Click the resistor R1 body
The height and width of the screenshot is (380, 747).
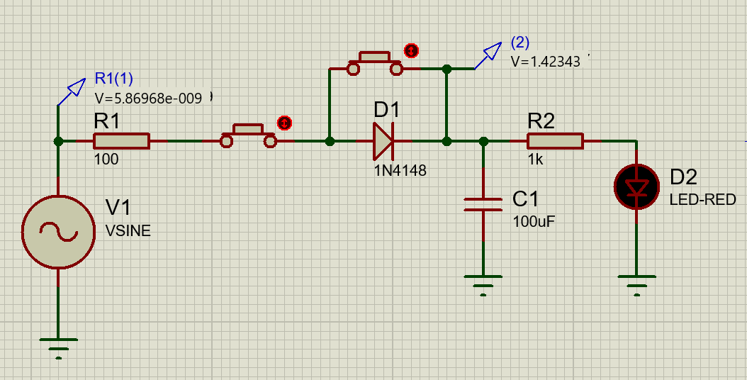pos(121,141)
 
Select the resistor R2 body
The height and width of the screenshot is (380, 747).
pos(555,141)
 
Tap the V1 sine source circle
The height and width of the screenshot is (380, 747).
pos(58,232)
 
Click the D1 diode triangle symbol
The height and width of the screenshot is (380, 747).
pos(383,141)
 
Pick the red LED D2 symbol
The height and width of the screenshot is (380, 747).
pos(637,187)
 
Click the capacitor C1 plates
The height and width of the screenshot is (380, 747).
pos(483,204)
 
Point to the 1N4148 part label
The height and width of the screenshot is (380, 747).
pos(400,170)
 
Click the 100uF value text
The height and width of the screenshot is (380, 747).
pos(534,222)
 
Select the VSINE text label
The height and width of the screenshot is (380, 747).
pos(128,231)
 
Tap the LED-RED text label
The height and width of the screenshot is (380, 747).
pos(702,200)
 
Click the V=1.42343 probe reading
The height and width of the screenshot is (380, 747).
pos(546,62)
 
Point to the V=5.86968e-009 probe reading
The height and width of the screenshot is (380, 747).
pos(148,99)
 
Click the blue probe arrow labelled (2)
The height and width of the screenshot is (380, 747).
pos(488,55)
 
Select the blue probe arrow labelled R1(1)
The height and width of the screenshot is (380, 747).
pos(72,91)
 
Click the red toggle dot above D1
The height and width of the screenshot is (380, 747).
pos(411,50)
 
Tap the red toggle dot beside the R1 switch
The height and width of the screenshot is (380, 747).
pos(284,123)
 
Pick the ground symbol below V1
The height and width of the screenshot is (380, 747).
pos(58,348)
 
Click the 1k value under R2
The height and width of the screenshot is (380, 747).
pos(536,160)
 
